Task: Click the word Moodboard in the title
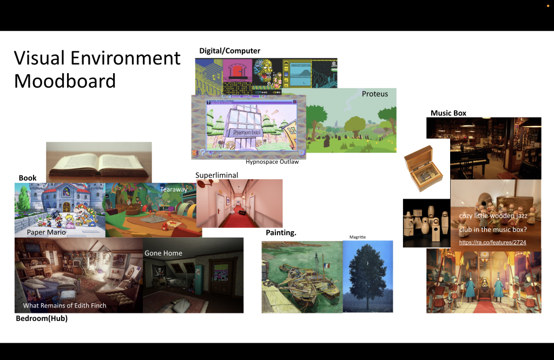pyautogui.click(x=65, y=81)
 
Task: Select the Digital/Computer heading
pyautogui.click(x=229, y=50)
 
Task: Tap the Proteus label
pyautogui.click(x=375, y=94)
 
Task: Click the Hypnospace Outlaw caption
pyautogui.click(x=272, y=162)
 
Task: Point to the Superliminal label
pyautogui.click(x=216, y=175)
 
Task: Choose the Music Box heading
pyautogui.click(x=449, y=113)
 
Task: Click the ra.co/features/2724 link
pyautogui.click(x=492, y=242)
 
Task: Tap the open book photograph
pyautogui.click(x=99, y=162)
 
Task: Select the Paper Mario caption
pyautogui.click(x=47, y=232)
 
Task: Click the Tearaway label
pyautogui.click(x=174, y=189)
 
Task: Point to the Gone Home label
pyautogui.click(x=163, y=253)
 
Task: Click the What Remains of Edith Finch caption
pyautogui.click(x=65, y=305)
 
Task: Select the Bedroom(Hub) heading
pyautogui.click(x=42, y=318)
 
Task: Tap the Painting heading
pyautogui.click(x=281, y=233)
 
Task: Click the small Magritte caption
pyautogui.click(x=358, y=237)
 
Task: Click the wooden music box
pyautogui.click(x=423, y=168)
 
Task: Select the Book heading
pyautogui.click(x=28, y=178)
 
